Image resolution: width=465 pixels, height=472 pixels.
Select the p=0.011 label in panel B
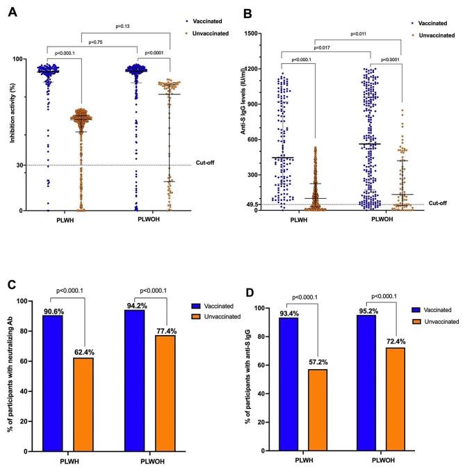[340, 33]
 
